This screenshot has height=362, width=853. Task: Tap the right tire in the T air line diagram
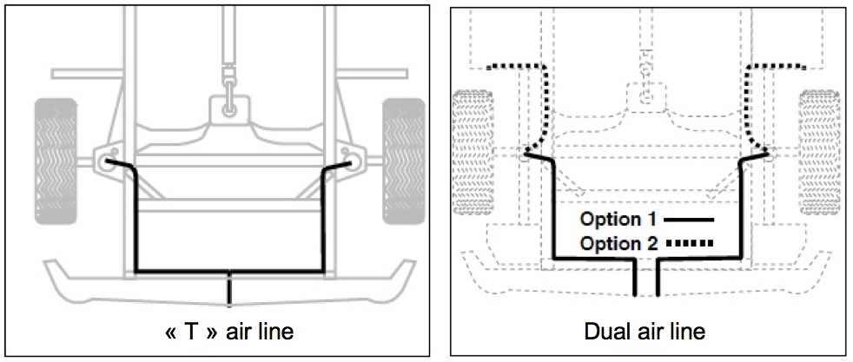[x=404, y=160]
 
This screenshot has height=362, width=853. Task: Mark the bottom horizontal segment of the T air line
[x=230, y=272]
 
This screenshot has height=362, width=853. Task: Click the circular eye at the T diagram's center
[x=228, y=109]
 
